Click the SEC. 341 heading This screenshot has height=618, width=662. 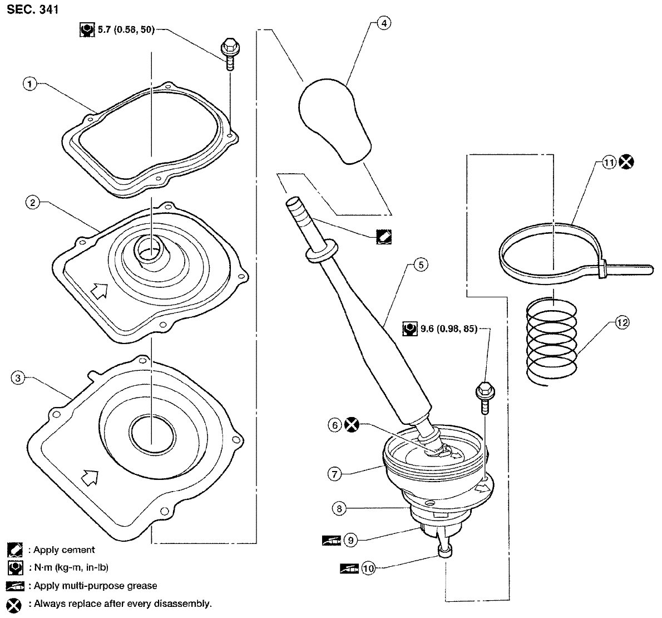click(32, 9)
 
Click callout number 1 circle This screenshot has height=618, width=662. click(29, 84)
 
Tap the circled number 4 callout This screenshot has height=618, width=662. click(384, 23)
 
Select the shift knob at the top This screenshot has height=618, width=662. click(334, 121)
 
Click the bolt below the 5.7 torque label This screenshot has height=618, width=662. click(228, 54)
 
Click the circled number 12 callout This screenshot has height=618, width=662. click(623, 323)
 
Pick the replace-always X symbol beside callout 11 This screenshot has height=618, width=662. click(626, 162)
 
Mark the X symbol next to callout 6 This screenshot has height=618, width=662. click(352, 425)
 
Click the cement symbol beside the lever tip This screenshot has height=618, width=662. click(384, 237)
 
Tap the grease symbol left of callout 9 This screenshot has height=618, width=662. click(332, 540)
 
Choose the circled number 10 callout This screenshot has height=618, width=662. click(369, 568)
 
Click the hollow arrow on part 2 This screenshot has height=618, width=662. click(99, 291)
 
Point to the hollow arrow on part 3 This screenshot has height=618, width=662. click(90, 477)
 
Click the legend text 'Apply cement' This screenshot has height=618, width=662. click(64, 550)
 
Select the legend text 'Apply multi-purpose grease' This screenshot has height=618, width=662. click(96, 586)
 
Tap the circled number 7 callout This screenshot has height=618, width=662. click(334, 474)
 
